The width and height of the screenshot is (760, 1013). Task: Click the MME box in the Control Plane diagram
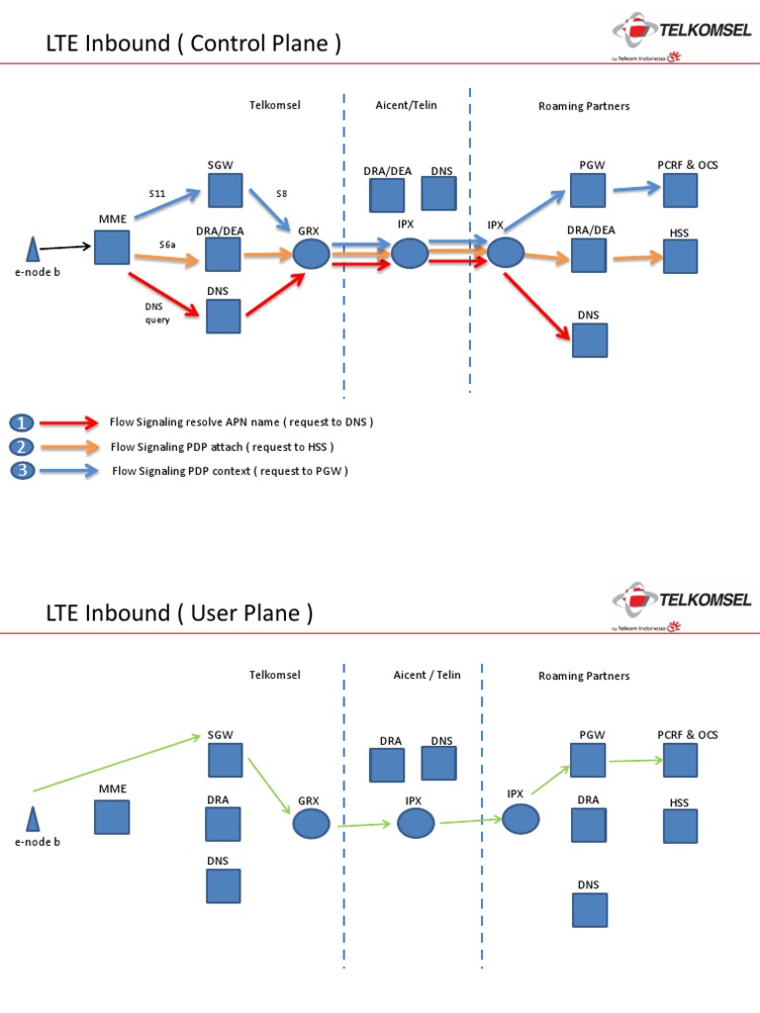[x=112, y=247]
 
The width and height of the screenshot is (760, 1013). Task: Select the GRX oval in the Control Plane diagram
[x=312, y=254]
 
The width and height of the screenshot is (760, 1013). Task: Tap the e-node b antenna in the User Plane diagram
[x=32, y=819]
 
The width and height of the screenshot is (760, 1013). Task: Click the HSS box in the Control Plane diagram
[x=680, y=256]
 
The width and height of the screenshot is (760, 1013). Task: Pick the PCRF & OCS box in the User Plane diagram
[x=680, y=760]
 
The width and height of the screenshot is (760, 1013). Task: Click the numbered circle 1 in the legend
[x=24, y=422]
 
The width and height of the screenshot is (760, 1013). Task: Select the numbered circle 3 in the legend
[x=24, y=471]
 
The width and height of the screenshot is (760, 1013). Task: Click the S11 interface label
[x=157, y=193]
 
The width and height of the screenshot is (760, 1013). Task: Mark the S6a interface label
[x=168, y=243]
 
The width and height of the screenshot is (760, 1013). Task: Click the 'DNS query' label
[x=157, y=313]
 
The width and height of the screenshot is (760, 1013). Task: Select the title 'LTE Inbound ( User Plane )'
[x=179, y=613]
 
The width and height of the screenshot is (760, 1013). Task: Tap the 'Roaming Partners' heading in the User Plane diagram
[x=584, y=676]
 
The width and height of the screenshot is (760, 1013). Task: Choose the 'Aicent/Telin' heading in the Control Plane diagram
[x=406, y=105]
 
